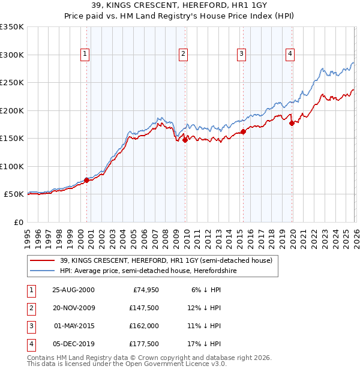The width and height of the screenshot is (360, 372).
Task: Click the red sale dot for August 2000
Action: coord(87,180)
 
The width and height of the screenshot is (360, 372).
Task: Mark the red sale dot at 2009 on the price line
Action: coord(185,140)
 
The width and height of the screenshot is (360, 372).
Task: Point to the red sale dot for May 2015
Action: coord(243,131)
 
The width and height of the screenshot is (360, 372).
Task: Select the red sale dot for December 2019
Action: coord(292,123)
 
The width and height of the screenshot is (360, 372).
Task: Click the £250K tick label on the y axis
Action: coord(12,83)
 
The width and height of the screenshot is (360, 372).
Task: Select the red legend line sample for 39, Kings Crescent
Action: coord(43,260)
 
